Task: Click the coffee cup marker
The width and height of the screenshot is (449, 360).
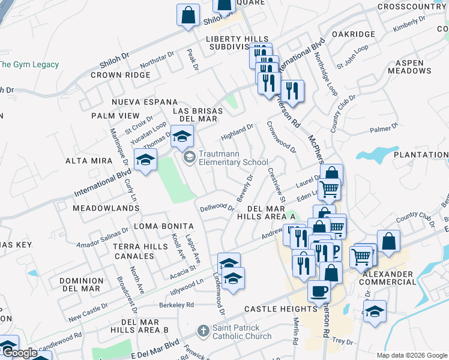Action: pyautogui.click(x=319, y=292)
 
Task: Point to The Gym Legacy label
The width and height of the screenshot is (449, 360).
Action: pyautogui.click(x=29, y=65)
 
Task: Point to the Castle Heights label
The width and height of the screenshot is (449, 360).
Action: pyautogui.click(x=280, y=309)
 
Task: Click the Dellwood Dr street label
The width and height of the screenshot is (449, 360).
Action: pyautogui.click(x=217, y=208)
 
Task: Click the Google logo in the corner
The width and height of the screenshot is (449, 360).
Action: pyautogui.click(x=19, y=353)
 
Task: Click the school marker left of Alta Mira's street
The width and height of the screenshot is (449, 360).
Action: pyautogui.click(x=145, y=160)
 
